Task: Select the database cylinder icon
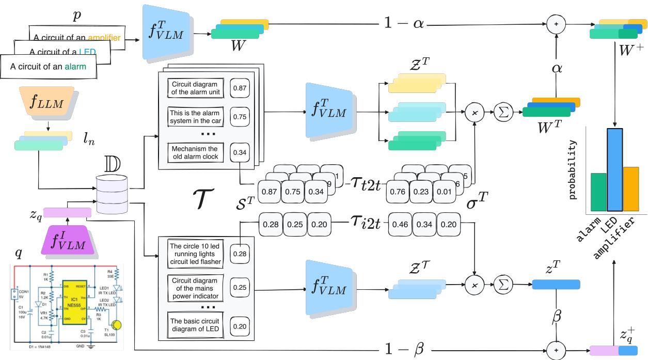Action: pos(112,195)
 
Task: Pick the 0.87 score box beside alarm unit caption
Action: pos(239,88)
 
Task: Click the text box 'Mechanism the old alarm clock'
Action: pos(196,153)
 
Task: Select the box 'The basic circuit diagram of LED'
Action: pos(196,326)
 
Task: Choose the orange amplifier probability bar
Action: pos(630,189)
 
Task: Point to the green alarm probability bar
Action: pos(598,192)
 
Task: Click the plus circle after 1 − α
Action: pos(556,24)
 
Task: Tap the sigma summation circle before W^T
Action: pos(501,111)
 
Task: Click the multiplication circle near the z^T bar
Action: pos(473,284)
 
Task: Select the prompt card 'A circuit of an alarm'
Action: pos(48,67)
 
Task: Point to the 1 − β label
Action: pos(405,349)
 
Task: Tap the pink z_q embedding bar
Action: pos(67,212)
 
